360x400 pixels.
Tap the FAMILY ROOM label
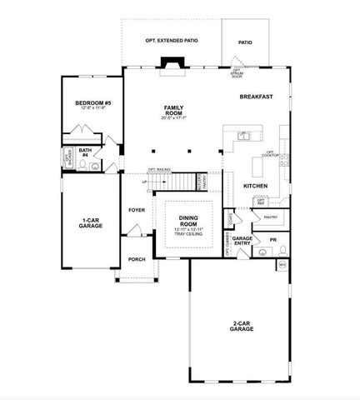[174, 110]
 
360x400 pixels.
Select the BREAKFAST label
[257, 97]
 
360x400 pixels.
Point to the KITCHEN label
[255, 185]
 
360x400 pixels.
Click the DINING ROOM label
[189, 220]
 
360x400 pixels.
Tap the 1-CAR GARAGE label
[90, 222]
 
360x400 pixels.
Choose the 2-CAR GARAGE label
[242, 327]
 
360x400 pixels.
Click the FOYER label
[137, 210]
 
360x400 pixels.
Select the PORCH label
[137, 259]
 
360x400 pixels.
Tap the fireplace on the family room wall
[173, 64]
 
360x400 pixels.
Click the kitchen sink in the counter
[242, 135]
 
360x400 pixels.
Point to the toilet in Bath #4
[95, 166]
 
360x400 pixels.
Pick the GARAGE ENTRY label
[242, 241]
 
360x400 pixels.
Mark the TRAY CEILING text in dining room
[189, 234]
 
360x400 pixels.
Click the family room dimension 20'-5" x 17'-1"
[174, 117]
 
